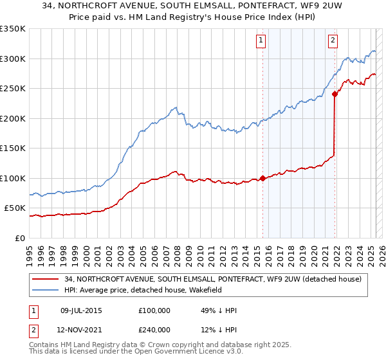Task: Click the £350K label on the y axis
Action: pos(13,29)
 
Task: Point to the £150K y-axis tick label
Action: pos(13,148)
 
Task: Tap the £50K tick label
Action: pos(15,208)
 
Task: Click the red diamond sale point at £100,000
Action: pos(262,179)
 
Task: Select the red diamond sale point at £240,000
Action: pos(335,94)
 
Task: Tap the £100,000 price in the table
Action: pos(154,310)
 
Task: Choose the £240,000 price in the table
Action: pos(154,330)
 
